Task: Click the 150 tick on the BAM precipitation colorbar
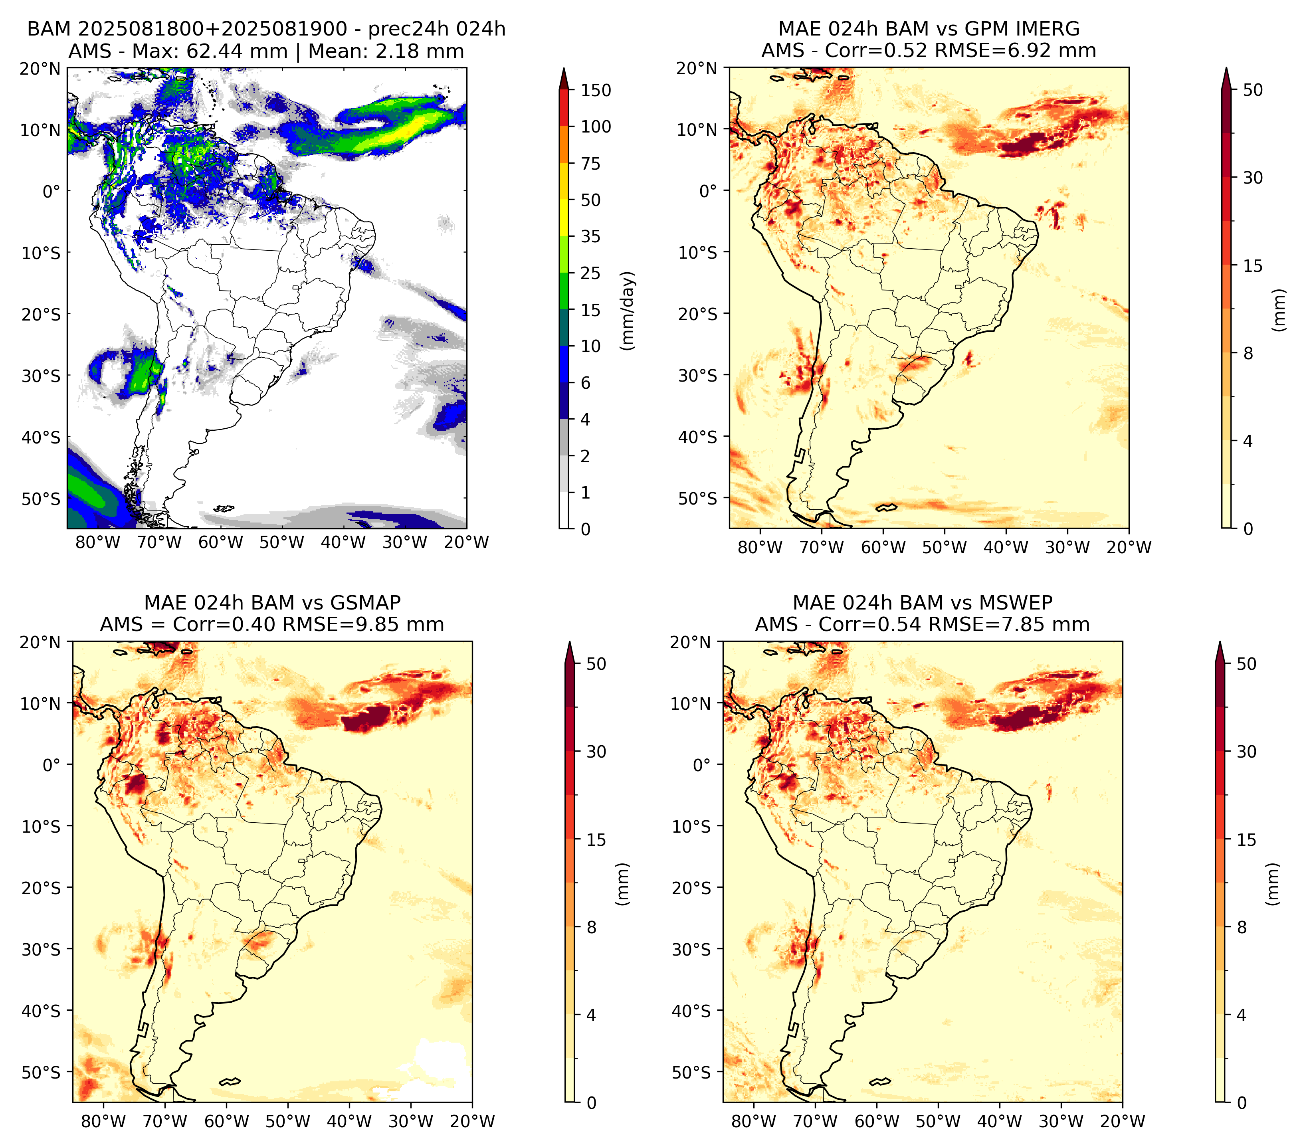pyautogui.click(x=595, y=90)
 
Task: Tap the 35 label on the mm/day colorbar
pyautogui.click(x=590, y=236)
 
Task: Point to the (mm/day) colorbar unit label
pyautogui.click(x=629, y=311)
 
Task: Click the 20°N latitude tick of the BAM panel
pyautogui.click(x=40, y=68)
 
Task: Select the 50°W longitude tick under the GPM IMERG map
pyautogui.click(x=945, y=547)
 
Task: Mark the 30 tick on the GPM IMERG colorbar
pyautogui.click(x=1253, y=178)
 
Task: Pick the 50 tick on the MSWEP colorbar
pyautogui.click(x=1246, y=663)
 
